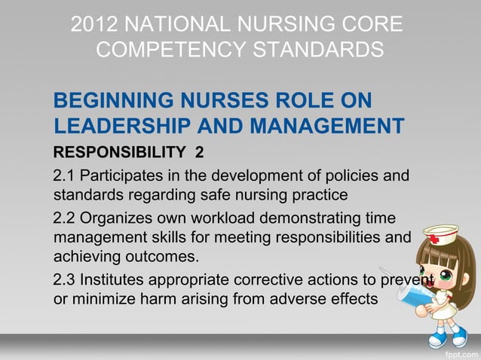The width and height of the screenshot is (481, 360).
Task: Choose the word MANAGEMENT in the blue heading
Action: (331, 127)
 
